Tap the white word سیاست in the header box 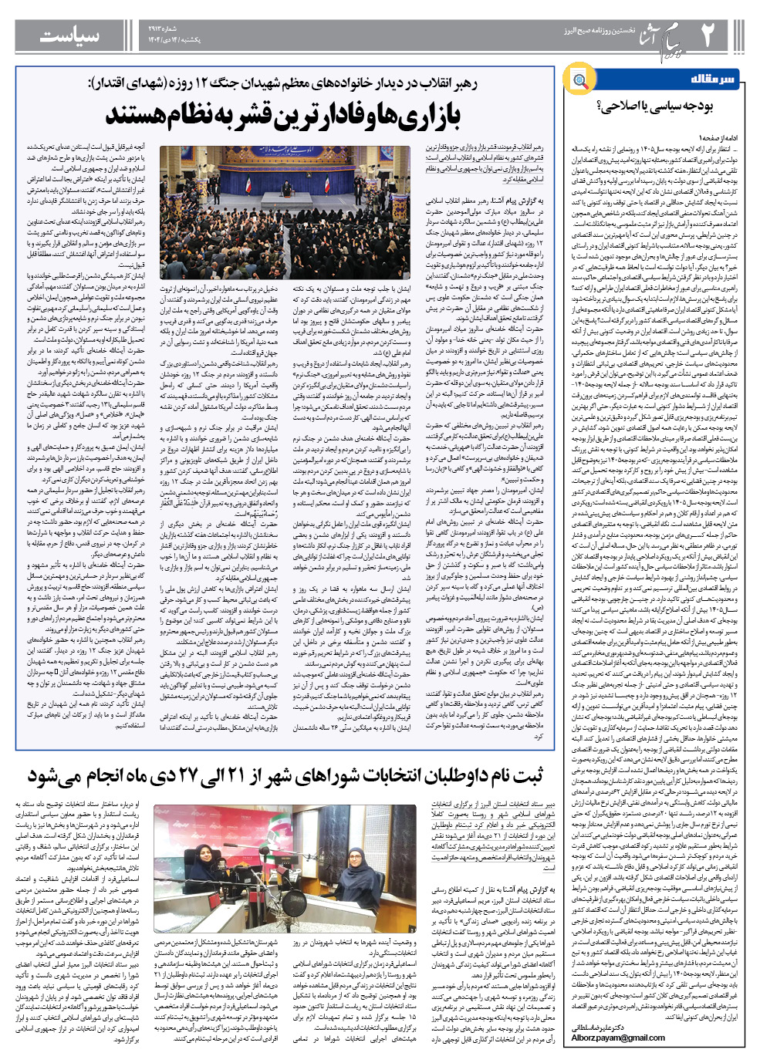click(69, 35)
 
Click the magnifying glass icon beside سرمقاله click(579, 79)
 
